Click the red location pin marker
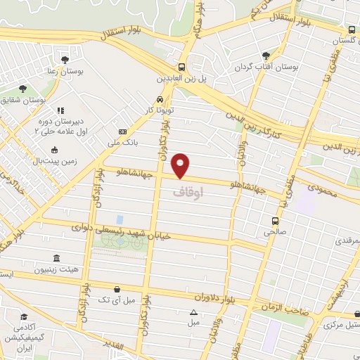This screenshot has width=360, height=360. coord(181,165)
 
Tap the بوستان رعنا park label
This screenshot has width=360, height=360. coord(65,71)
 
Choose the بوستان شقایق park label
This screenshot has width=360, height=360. coord(24,101)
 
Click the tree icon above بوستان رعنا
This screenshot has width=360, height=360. coord(65,59)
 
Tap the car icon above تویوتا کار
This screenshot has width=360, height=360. coord(162,99)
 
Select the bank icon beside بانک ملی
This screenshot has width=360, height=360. coord(124,131)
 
